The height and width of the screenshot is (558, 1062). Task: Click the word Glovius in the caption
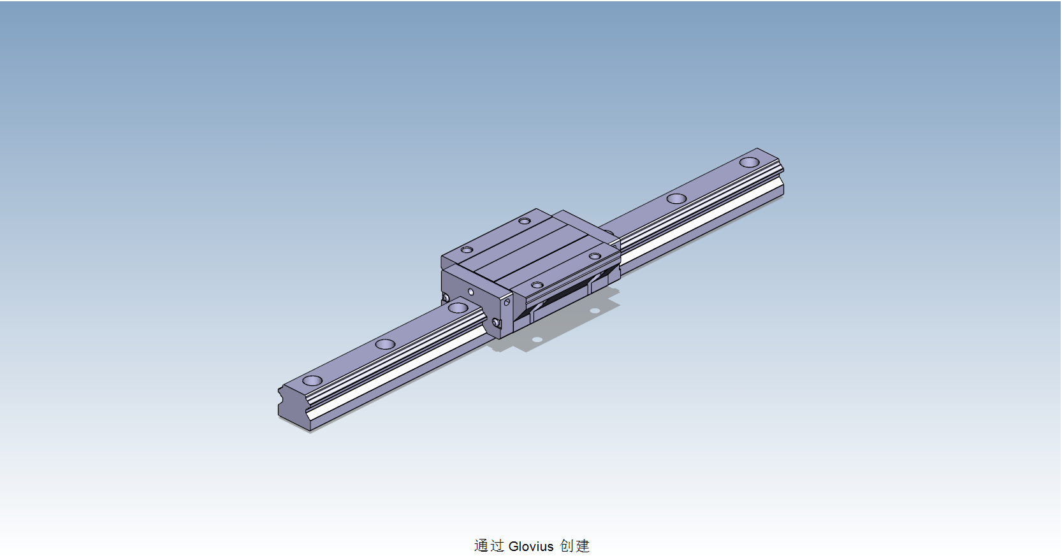[x=531, y=546]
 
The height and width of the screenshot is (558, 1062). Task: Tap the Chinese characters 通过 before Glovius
[x=489, y=546]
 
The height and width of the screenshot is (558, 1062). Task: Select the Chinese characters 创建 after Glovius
[x=575, y=546]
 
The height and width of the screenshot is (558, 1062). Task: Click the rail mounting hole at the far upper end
[x=749, y=162]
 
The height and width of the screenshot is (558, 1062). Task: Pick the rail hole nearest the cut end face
[x=312, y=380]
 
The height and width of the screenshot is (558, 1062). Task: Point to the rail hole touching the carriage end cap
[x=458, y=308]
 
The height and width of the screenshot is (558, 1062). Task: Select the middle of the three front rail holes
[x=385, y=344]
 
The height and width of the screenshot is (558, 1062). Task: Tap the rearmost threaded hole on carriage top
[x=524, y=221]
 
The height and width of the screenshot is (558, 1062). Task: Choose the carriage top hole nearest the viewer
[x=537, y=285]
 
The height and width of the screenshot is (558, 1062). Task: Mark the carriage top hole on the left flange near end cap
[x=467, y=250]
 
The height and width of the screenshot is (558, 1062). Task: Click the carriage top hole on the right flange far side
[x=594, y=256]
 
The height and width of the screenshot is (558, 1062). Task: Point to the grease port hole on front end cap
[x=470, y=292]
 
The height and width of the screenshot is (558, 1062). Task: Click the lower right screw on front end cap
[x=497, y=324]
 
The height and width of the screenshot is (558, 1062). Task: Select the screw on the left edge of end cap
[x=446, y=298]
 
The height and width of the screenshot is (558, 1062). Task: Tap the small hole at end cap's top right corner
[x=507, y=303]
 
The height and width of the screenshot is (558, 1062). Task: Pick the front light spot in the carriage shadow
[x=537, y=340]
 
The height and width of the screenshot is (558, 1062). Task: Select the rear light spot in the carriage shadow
[x=594, y=311]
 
